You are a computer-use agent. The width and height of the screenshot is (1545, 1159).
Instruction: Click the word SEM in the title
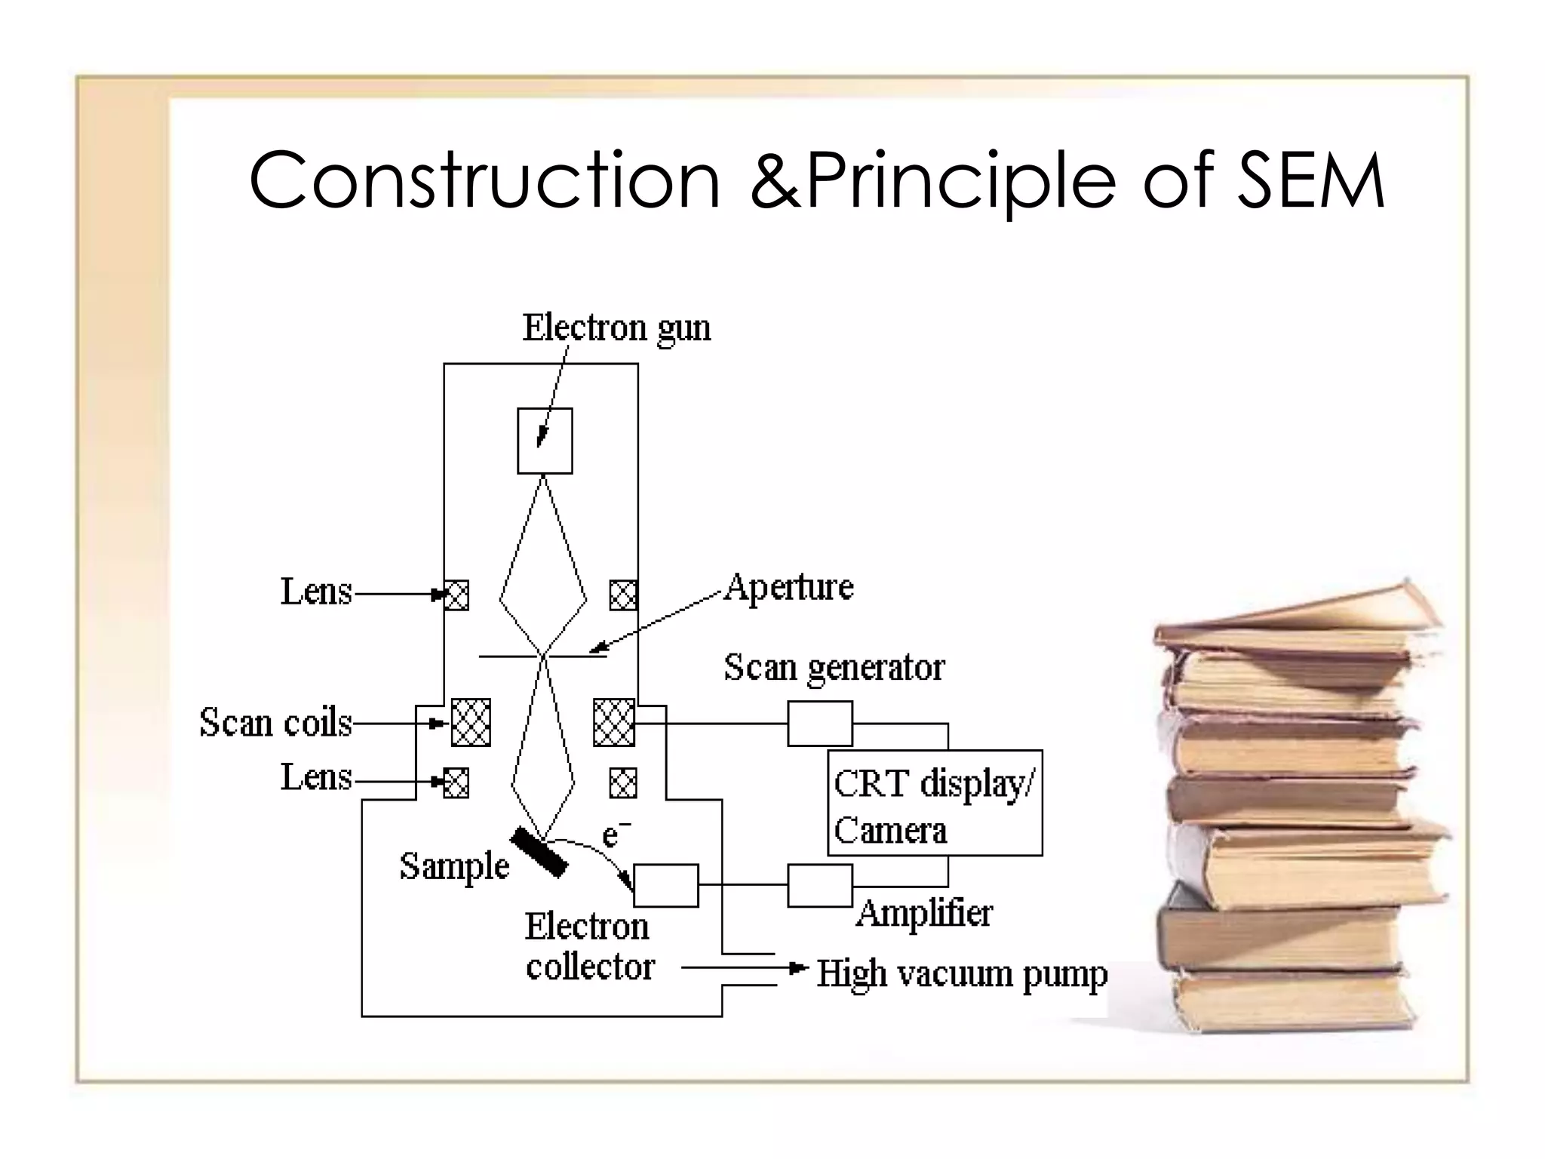pyautogui.click(x=1310, y=180)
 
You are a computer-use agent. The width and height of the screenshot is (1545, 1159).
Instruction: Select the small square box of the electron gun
pyautogui.click(x=545, y=441)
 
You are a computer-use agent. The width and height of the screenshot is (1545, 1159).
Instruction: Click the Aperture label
pyautogui.click(x=788, y=587)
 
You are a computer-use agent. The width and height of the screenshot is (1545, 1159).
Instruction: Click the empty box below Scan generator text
pyautogui.click(x=820, y=723)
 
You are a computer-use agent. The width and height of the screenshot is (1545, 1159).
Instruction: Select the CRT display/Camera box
pyautogui.click(x=935, y=803)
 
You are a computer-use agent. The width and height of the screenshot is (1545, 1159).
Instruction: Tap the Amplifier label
pyautogui.click(x=925, y=913)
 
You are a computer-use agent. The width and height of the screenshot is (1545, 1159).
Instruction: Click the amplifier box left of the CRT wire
pyautogui.click(x=820, y=885)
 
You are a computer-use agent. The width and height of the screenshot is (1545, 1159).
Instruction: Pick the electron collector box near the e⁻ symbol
pyautogui.click(x=666, y=885)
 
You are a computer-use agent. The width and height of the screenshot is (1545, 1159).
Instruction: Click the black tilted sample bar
pyautogui.click(x=539, y=852)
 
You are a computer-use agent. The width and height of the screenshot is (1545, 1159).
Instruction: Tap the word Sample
pyautogui.click(x=454, y=866)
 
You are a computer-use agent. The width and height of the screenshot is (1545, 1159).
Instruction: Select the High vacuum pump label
pyautogui.click(x=962, y=974)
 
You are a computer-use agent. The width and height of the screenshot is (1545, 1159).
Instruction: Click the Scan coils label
pyautogui.click(x=275, y=723)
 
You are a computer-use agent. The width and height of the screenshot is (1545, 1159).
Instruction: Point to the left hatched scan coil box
pyautogui.click(x=471, y=722)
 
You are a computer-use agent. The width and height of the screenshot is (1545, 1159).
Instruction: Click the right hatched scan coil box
pyautogui.click(x=614, y=722)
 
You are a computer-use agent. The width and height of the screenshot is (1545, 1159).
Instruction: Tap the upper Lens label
pyautogui.click(x=316, y=592)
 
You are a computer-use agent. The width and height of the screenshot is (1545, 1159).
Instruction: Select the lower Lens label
pyautogui.click(x=316, y=777)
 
